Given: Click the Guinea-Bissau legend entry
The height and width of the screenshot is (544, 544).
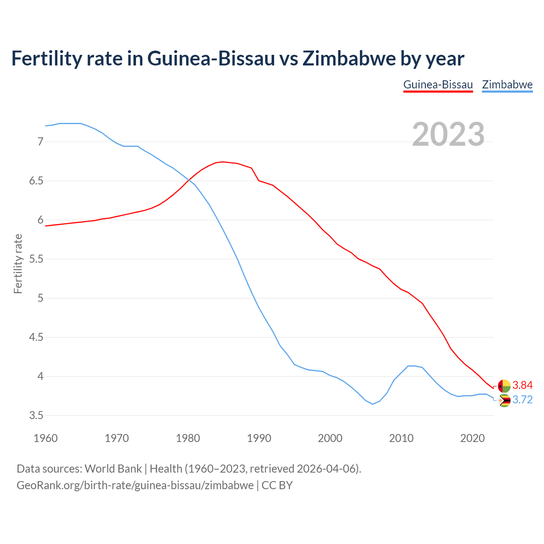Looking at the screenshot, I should point(438,85).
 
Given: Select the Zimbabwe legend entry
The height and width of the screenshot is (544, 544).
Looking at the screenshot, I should point(507,85).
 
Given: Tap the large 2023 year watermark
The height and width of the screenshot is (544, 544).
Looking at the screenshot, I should point(448,134).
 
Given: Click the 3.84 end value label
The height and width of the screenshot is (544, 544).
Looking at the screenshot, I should point(522,385).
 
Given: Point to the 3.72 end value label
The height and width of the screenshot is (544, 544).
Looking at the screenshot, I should point(522,400).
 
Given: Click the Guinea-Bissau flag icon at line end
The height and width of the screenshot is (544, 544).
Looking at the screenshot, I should point(504,386).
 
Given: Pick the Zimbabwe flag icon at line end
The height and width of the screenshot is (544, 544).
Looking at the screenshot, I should point(504,400).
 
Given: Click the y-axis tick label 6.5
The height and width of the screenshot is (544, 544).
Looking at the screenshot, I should point(36,181).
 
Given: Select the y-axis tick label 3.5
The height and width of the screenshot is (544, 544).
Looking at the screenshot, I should point(36,416).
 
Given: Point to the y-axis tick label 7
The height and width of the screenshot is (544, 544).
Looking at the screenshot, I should point(40,142).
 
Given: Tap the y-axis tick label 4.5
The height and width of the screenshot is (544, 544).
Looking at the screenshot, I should point(36,337).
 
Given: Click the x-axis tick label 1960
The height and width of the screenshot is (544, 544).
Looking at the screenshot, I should point(45,438).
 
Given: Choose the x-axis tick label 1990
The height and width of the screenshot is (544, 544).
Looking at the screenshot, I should point(259,438).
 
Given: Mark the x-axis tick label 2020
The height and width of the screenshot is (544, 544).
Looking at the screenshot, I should point(472,438).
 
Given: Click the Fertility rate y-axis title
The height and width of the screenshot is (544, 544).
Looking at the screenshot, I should point(18,263).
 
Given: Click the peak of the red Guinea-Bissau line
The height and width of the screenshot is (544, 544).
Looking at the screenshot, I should point(223,161).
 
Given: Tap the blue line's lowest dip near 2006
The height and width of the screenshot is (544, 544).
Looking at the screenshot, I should point(373,404).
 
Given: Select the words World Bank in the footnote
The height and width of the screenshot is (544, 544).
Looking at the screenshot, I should point(113,469).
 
